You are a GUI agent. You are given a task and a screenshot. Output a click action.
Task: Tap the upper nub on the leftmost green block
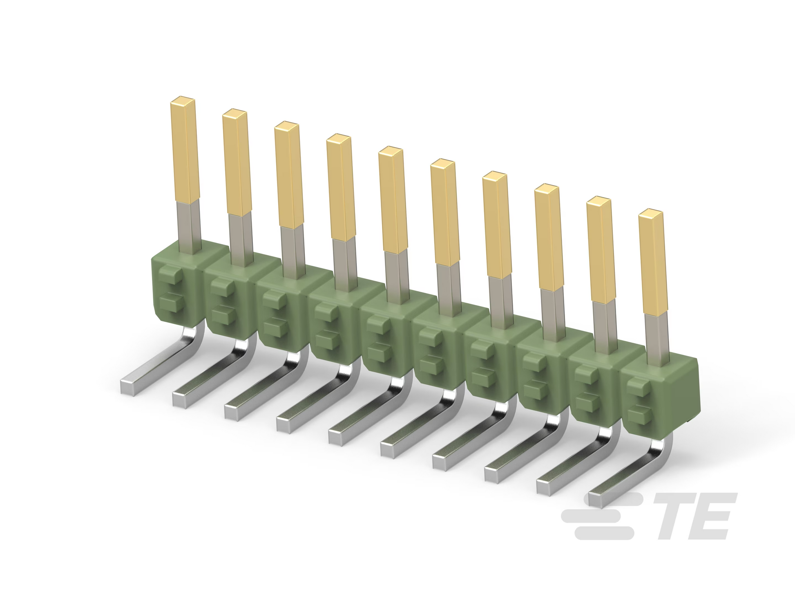[169, 274]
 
